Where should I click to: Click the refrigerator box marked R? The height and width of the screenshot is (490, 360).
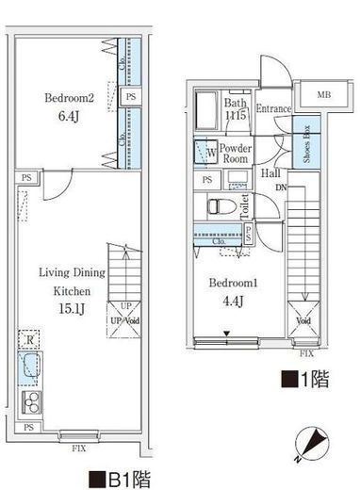pos(31,339)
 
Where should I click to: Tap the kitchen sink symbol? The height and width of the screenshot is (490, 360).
pos(30,367)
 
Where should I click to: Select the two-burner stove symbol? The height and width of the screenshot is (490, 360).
pos(30,405)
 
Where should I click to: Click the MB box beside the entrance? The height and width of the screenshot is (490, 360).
pos(323,94)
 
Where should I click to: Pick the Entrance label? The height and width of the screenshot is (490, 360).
pos(272,108)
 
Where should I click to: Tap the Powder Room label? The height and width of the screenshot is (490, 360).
pos(237,154)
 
